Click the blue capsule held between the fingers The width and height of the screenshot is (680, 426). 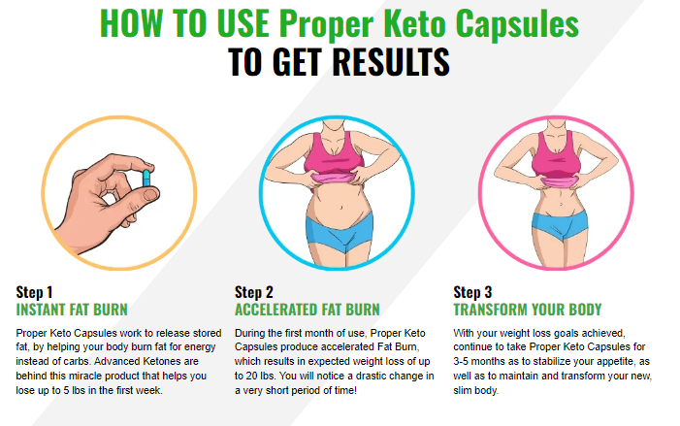pos(146,179)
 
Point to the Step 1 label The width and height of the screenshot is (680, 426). pos(34,292)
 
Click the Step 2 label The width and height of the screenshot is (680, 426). pos(254,292)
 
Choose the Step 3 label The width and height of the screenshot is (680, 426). pos(472,292)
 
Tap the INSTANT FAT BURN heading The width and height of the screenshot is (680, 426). pos(72,310)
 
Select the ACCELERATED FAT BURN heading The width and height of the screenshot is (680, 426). pos(308,310)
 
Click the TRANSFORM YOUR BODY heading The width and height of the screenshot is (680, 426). pos(528,310)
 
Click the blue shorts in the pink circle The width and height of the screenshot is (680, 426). pos(560,225)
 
